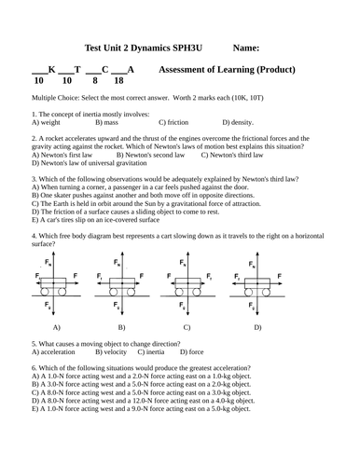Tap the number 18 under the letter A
118,81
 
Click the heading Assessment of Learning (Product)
228,69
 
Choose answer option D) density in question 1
238,122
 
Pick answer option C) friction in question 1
173,122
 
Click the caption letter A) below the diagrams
57,327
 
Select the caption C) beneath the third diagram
187,327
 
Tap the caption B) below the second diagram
121,327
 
